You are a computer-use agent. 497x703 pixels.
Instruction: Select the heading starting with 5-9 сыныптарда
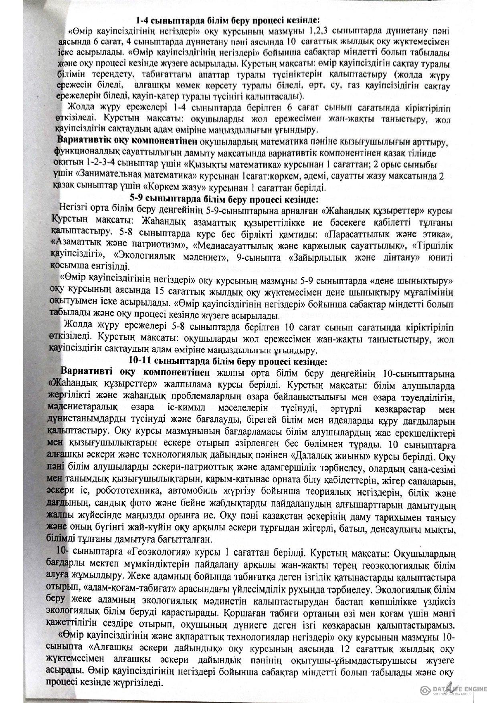click(224, 198)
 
